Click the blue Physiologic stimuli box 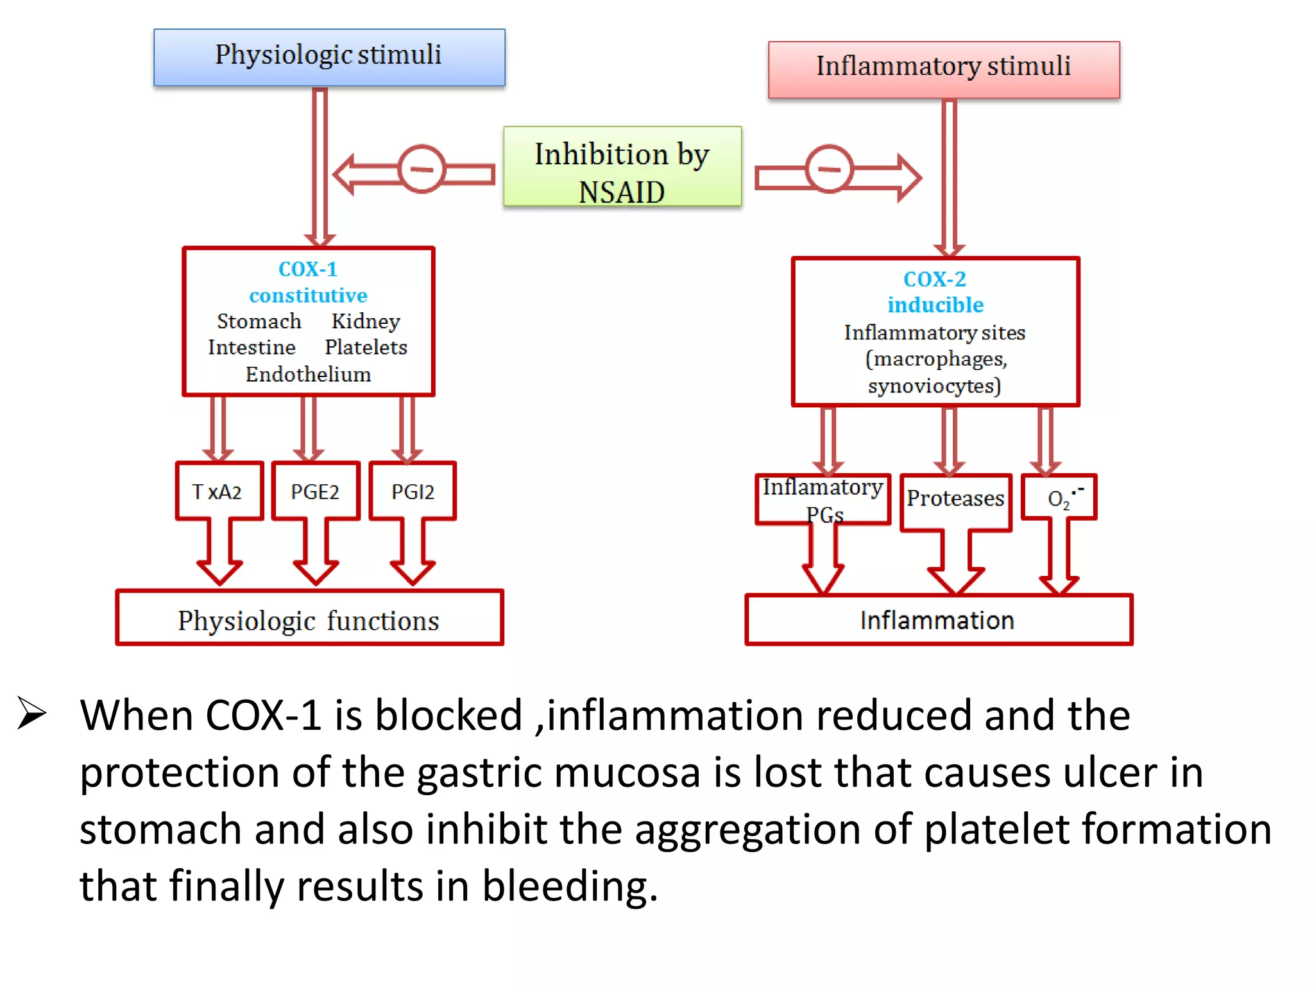click(x=329, y=57)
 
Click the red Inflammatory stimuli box click(x=943, y=69)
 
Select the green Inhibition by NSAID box click(x=622, y=167)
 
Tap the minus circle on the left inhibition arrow click(x=421, y=169)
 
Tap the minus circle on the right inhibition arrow click(x=829, y=169)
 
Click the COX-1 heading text click(x=308, y=269)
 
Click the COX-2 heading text click(x=934, y=279)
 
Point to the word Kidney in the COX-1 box click(x=366, y=321)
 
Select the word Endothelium click(x=308, y=374)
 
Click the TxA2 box click(x=219, y=491)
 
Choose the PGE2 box click(x=315, y=491)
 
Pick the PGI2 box click(x=413, y=491)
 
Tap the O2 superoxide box click(x=1059, y=498)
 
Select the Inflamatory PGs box click(x=823, y=499)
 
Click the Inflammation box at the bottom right click(x=938, y=619)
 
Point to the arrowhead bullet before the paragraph click(x=31, y=712)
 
